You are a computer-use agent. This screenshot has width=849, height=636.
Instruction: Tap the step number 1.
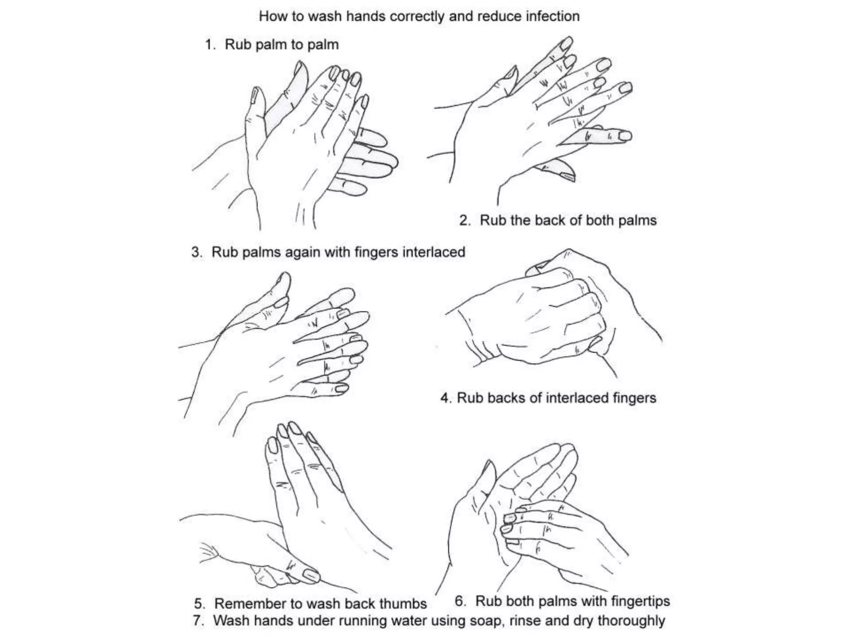[210, 45]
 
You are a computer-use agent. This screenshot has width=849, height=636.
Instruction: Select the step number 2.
[464, 220]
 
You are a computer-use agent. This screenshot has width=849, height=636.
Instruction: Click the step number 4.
[445, 398]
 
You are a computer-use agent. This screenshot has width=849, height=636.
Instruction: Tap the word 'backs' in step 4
[505, 398]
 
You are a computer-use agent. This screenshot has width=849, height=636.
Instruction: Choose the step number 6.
[459, 601]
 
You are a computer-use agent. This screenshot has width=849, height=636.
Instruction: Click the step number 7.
[197, 621]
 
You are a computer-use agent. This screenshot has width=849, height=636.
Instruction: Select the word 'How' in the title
[272, 17]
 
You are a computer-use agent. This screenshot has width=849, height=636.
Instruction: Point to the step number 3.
[196, 252]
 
